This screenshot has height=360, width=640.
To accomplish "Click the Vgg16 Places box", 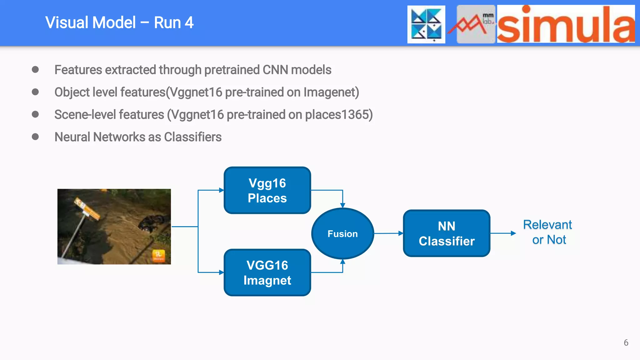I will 267,190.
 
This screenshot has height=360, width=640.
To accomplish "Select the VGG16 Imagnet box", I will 267,272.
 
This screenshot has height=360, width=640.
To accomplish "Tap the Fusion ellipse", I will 342,233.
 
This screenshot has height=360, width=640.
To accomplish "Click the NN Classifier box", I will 446,233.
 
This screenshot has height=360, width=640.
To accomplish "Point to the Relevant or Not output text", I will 548,232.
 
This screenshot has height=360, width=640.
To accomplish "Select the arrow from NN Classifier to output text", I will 503,233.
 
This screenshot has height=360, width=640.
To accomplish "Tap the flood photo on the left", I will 114,227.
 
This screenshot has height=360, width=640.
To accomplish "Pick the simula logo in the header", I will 566,24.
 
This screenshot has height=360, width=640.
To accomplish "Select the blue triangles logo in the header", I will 426,24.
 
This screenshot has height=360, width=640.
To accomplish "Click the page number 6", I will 626,342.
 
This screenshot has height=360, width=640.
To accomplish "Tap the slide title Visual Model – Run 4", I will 119,23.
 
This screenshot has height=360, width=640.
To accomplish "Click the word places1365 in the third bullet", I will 339,115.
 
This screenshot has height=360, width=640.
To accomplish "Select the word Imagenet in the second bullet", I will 331,92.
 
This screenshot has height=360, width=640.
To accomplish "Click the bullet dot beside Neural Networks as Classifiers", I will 35,137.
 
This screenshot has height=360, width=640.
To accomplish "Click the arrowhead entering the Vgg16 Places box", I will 222,190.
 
